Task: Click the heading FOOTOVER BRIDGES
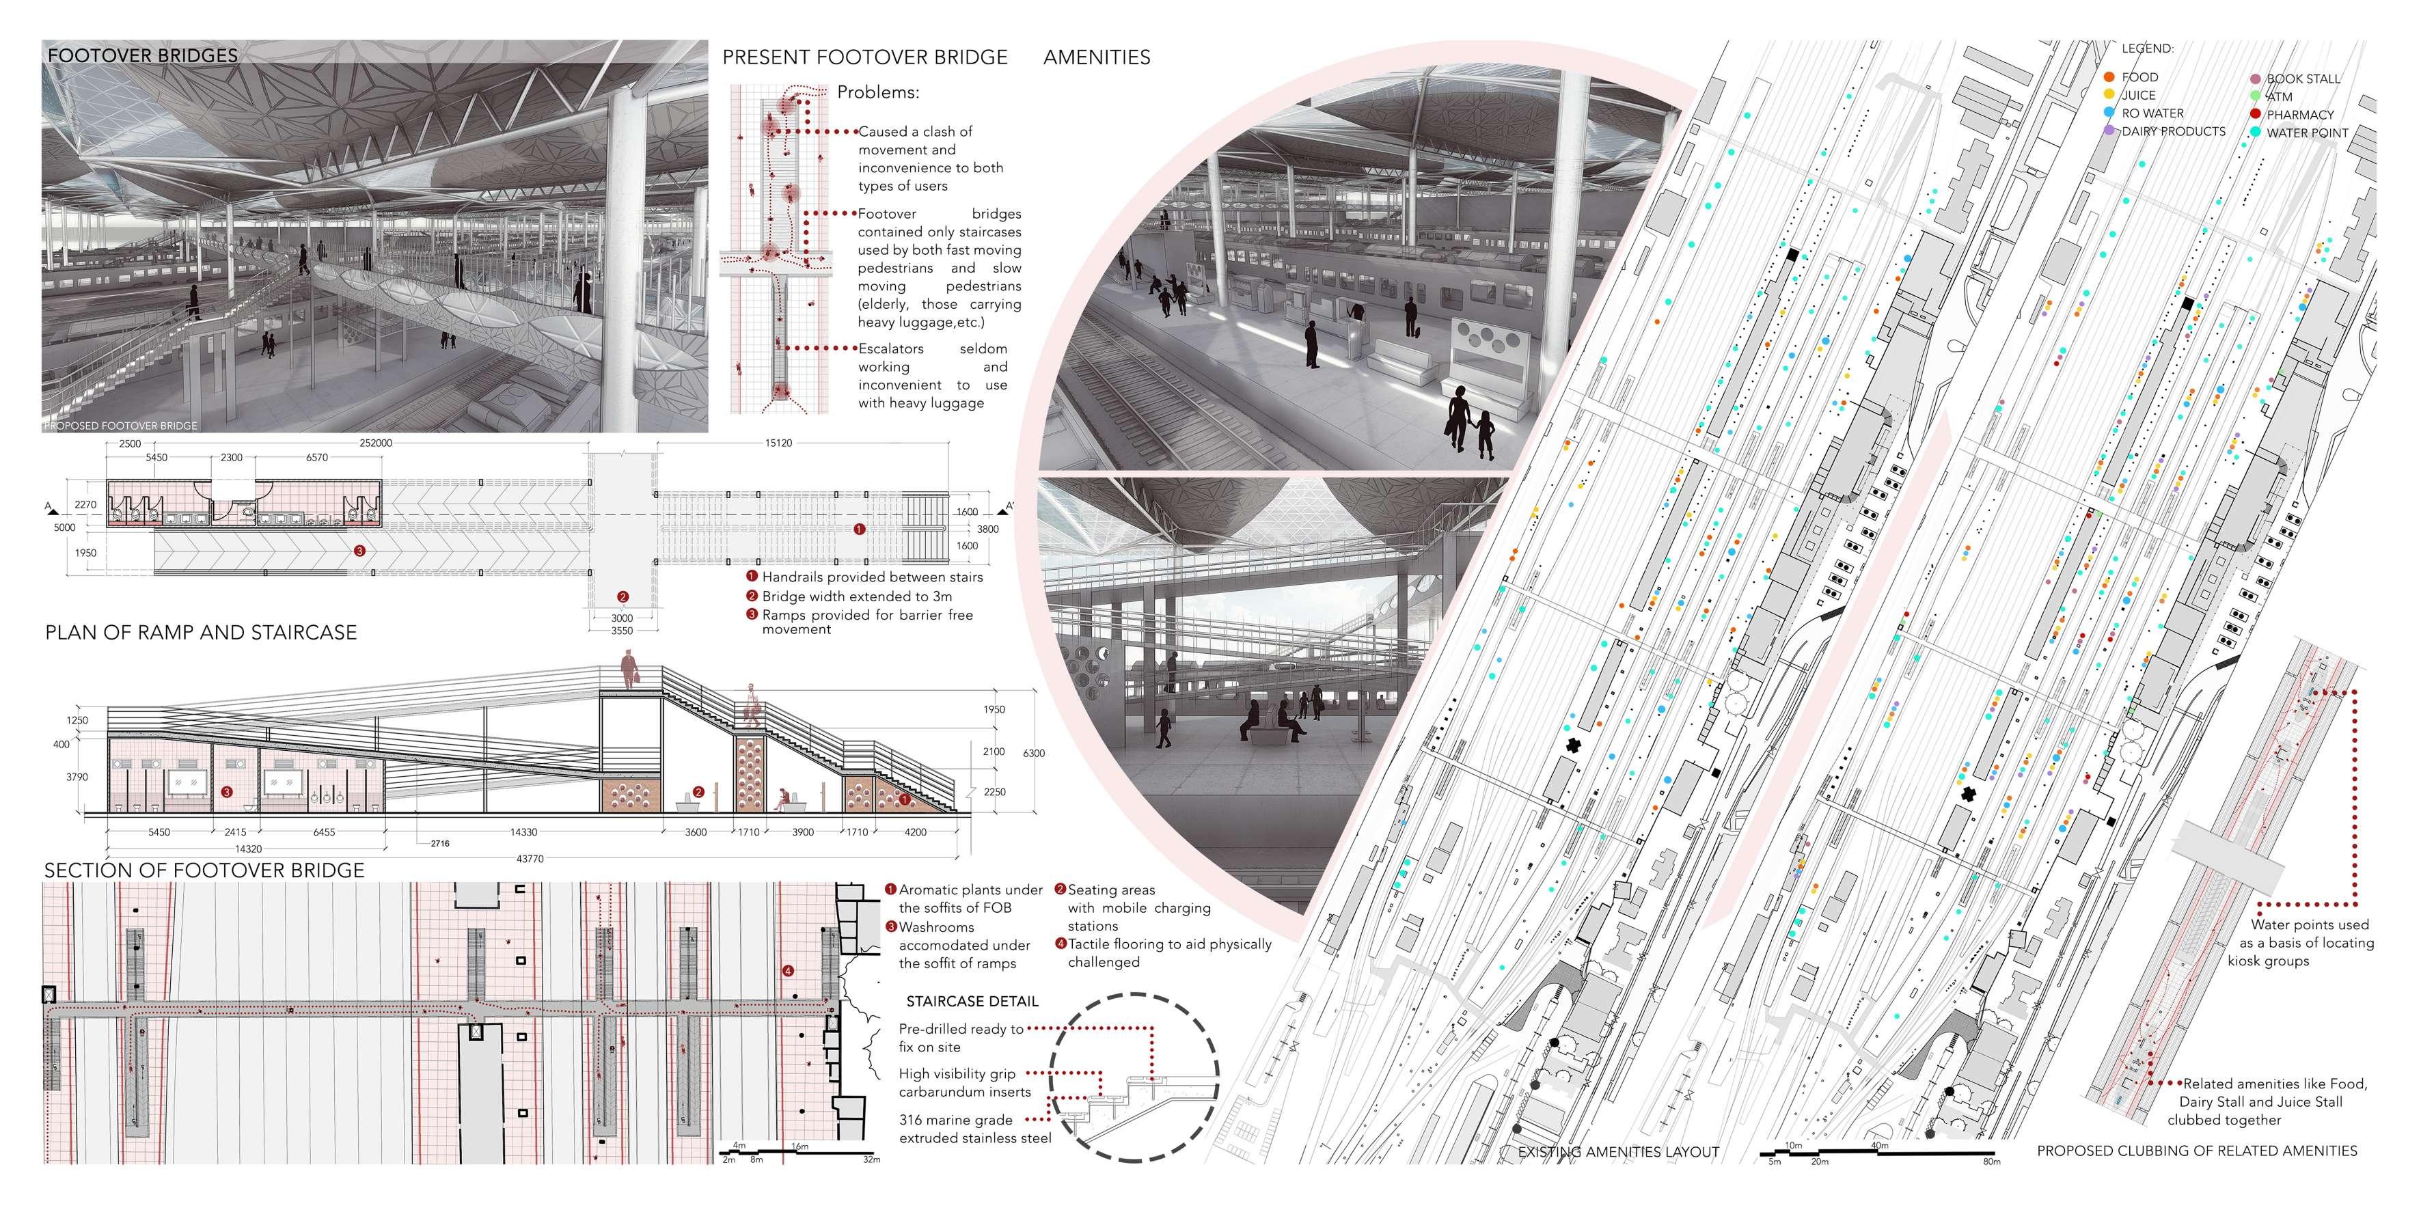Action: [x=143, y=55]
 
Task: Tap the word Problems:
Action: [x=878, y=92]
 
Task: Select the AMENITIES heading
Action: [x=1097, y=57]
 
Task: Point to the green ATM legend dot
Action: [x=2256, y=96]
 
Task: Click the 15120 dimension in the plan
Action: [x=778, y=443]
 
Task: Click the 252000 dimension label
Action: [x=376, y=443]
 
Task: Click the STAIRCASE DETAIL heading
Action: [x=972, y=1002]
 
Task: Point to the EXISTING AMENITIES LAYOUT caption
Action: [x=1618, y=1152]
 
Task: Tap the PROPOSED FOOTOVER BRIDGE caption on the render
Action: [x=121, y=426]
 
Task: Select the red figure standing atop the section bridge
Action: [x=629, y=671]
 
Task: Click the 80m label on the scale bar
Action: [x=1991, y=1162]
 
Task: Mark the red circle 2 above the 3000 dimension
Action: [x=623, y=596]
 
